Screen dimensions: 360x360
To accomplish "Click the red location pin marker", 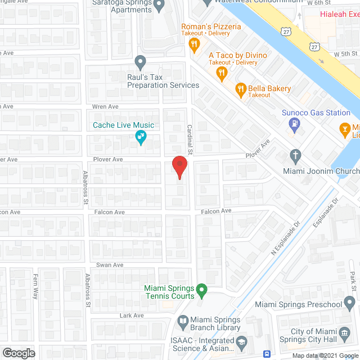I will (x=179, y=168).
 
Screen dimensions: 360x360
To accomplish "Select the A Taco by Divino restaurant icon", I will (x=222, y=72).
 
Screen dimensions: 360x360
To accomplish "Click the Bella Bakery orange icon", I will (x=240, y=89).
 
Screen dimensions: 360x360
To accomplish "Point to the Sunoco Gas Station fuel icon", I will (x=293, y=128).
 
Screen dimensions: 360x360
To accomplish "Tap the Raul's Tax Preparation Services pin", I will (x=141, y=61).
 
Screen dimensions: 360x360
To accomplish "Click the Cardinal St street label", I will (x=190, y=140).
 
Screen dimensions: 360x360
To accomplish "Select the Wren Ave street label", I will (x=105, y=106).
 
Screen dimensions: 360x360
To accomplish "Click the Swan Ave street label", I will (x=110, y=265).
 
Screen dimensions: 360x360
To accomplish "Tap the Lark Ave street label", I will (x=132, y=316).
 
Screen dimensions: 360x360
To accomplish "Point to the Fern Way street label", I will (x=35, y=286).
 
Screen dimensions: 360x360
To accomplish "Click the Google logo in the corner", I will (x=19, y=353).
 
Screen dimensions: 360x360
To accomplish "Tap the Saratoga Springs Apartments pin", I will (x=159, y=6).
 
